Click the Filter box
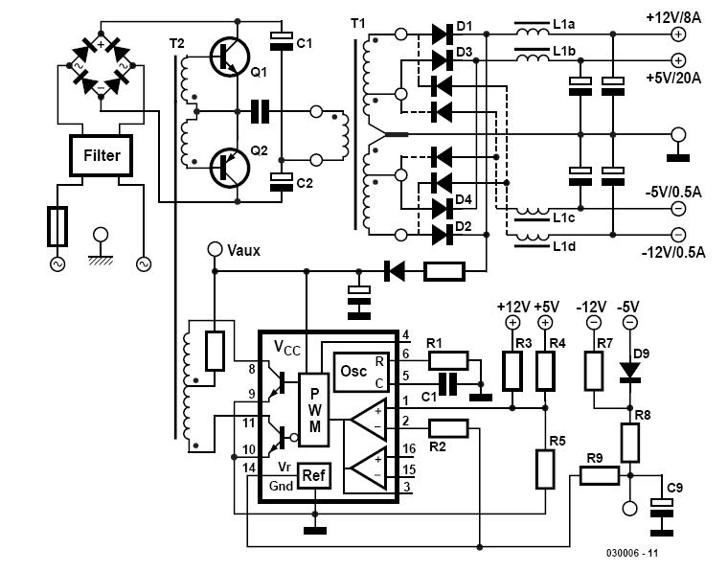[x=102, y=155]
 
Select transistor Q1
[x=229, y=57]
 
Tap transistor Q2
[x=229, y=168]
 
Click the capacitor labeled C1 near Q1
[x=282, y=41]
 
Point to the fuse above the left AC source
[x=57, y=226]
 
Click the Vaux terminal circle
[x=215, y=250]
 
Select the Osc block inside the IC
[x=362, y=372]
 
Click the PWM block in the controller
[x=314, y=409]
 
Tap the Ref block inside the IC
[x=314, y=475]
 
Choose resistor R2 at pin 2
[x=448, y=428]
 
